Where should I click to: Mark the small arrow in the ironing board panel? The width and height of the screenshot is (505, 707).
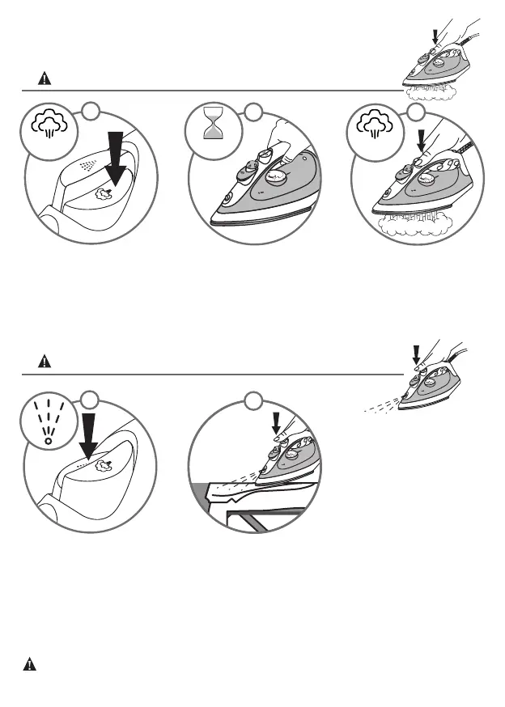coord(277,421)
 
